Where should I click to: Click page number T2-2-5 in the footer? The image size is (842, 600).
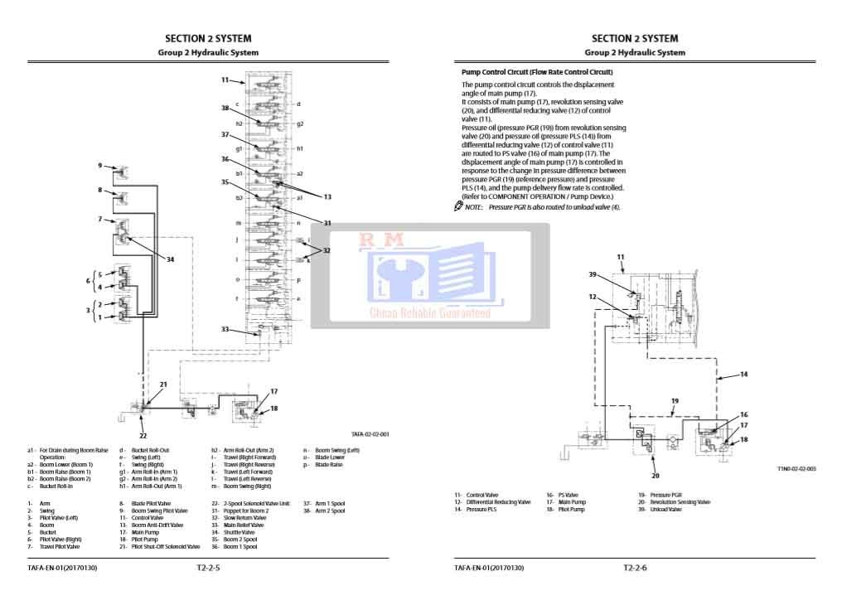coord(208,569)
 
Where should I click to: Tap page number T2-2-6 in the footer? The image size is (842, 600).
coord(635,569)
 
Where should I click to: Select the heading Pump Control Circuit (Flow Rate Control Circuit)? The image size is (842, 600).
coord(537,72)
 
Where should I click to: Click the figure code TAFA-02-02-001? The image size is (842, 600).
coord(370,433)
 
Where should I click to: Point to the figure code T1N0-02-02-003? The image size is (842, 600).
coord(796,469)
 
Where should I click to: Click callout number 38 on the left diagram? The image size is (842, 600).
coord(225,108)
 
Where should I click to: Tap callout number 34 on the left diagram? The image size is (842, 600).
coord(170,259)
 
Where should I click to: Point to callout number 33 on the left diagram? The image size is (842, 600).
coord(225,329)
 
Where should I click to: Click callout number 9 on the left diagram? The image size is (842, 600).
coord(100,166)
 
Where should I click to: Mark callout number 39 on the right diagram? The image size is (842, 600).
coord(593,274)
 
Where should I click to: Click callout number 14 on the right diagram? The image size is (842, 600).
coord(743,375)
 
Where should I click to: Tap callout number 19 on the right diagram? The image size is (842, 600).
coord(675,401)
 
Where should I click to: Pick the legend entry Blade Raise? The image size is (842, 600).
coord(329,465)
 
